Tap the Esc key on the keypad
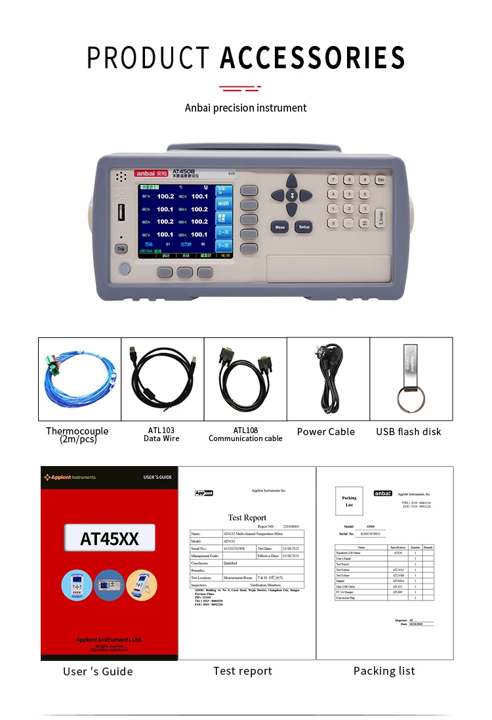(380, 179)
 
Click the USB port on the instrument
(121, 215)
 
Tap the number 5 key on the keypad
(350, 194)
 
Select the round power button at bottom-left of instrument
(124, 268)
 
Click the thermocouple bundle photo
(79, 379)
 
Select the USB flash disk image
(411, 379)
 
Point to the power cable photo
(328, 379)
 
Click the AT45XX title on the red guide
(110, 539)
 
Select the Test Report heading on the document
(247, 518)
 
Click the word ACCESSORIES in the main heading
(312, 58)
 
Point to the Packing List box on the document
(349, 501)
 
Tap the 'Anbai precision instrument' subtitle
(246, 108)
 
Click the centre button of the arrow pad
(292, 195)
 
